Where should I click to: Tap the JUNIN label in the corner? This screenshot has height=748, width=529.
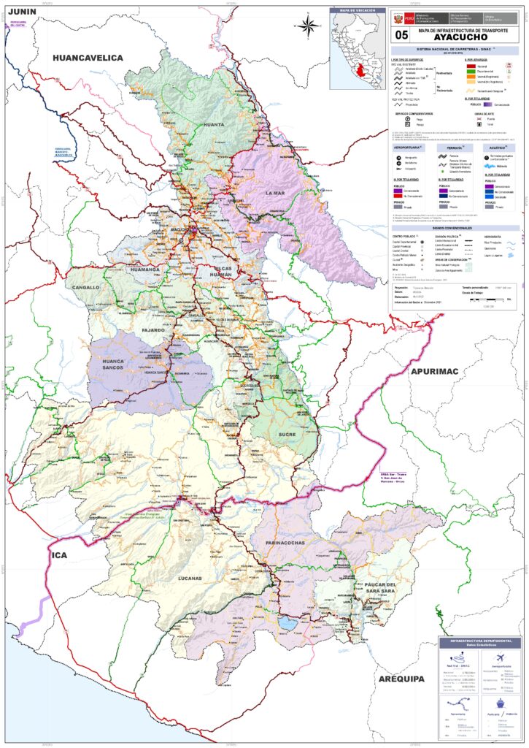[x=23, y=12]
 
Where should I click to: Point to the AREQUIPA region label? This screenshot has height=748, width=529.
[x=401, y=679]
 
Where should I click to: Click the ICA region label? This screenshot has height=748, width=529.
[x=59, y=556]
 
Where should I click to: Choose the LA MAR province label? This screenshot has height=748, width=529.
[x=275, y=192]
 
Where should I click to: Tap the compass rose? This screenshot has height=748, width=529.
[x=308, y=26]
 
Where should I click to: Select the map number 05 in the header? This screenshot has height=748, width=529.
[x=401, y=34]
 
